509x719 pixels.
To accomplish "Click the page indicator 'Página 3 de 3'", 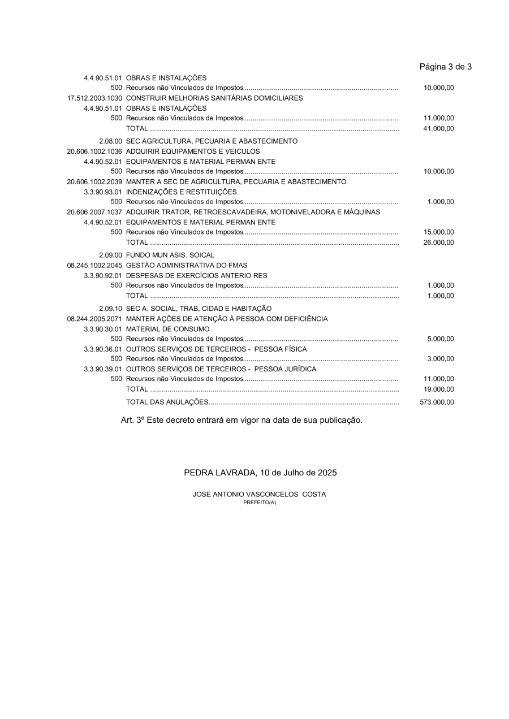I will coord(445,67).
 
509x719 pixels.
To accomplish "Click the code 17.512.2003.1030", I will coord(94,98).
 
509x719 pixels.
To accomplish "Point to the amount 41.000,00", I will coord(439,128).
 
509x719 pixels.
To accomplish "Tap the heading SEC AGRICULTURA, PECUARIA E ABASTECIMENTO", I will coord(212,141).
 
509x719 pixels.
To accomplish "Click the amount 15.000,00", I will coord(439,232).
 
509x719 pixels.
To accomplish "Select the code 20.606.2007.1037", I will coord(94,212).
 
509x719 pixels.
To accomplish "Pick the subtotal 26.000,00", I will coord(439,242).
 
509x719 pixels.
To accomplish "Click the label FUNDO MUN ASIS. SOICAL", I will coord(170,255).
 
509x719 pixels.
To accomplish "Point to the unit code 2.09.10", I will coord(110,309).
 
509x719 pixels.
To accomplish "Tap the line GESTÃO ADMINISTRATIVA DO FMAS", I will coord(187,265).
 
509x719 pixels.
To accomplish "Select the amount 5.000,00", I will coord(441,339).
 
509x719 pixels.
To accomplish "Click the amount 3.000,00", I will coord(441,359).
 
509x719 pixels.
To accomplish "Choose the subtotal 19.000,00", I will coord(439,389).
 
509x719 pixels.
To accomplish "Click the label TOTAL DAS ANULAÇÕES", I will coord(167,402).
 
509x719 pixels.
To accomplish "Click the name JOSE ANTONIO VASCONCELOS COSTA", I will coord(259,494).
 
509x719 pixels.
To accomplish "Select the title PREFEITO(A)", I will coord(260,502).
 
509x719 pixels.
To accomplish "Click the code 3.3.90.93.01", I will coord(103,192).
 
